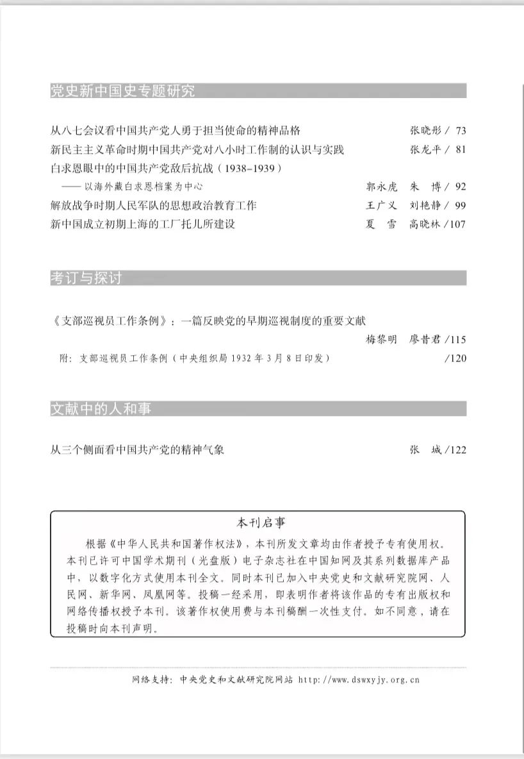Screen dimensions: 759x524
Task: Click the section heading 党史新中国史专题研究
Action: [122, 91]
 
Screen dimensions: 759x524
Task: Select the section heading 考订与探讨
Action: [86, 278]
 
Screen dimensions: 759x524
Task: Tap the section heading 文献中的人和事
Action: [101, 409]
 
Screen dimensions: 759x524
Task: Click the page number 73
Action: [461, 131]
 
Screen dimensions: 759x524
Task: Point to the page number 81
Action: [461, 150]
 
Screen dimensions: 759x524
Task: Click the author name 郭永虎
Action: [381, 187]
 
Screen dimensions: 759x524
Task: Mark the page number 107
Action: [458, 224]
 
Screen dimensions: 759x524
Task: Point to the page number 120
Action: [458, 358]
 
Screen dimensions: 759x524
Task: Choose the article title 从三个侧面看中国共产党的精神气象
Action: [137, 450]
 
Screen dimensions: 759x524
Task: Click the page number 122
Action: [458, 450]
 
